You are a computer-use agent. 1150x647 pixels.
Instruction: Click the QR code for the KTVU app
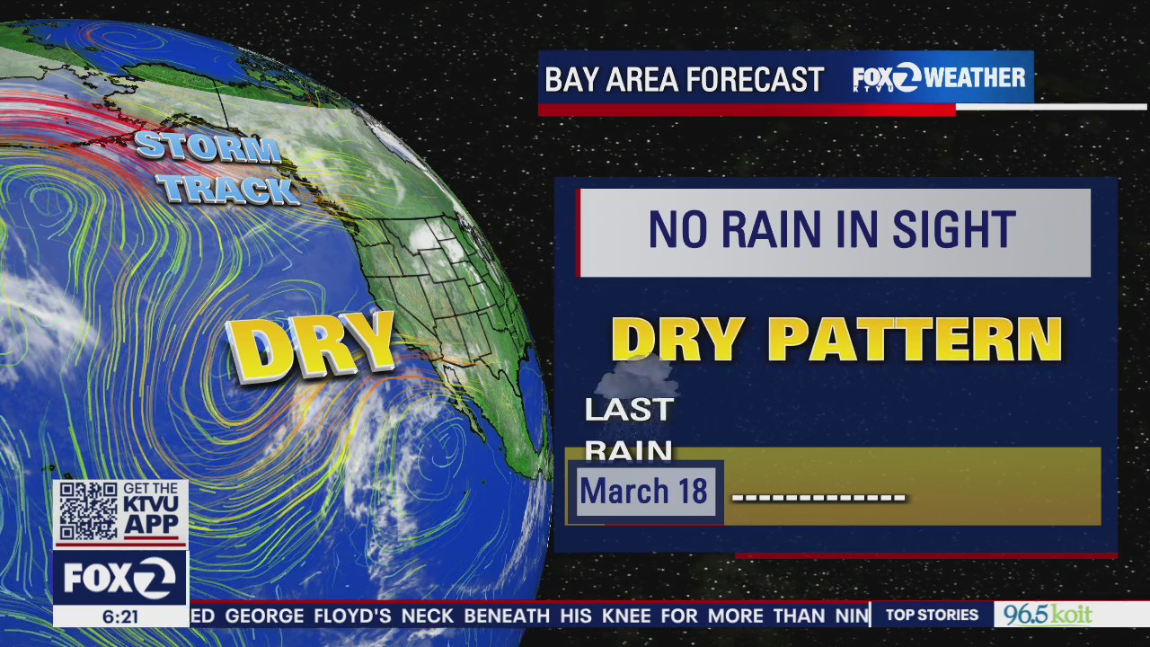[x=88, y=511]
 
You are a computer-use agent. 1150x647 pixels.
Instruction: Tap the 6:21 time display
[x=120, y=617]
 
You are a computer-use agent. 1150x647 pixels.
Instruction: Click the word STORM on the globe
[x=207, y=147]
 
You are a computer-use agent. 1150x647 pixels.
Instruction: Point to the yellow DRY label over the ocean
[x=311, y=346]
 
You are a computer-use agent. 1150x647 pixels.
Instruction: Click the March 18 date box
[x=644, y=492]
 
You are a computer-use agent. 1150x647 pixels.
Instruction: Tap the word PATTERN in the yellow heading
[x=916, y=340]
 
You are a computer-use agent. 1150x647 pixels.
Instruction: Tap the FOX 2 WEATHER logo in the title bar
[x=938, y=78]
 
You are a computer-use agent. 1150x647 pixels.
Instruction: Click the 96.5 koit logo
[x=1048, y=615]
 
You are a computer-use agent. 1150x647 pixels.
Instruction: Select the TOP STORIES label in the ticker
[x=932, y=615]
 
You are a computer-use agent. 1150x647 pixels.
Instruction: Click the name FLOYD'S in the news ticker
[x=352, y=616]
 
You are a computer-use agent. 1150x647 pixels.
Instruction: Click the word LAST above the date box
[x=629, y=410]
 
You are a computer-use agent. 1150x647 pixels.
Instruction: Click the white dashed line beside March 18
[x=818, y=497]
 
